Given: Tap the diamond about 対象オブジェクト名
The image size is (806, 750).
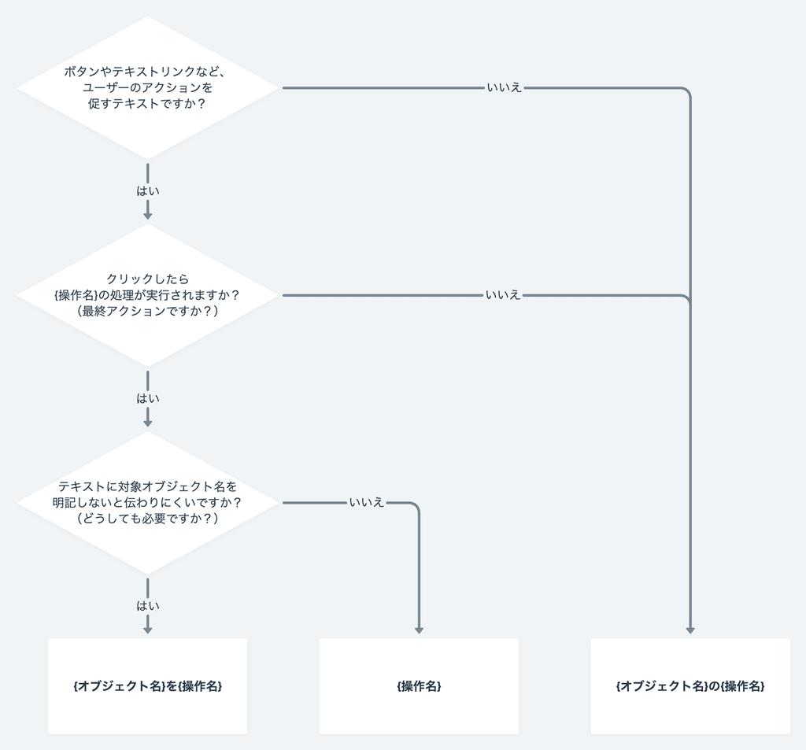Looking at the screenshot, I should [147, 543].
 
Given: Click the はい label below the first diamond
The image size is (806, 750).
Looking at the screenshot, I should [147, 191].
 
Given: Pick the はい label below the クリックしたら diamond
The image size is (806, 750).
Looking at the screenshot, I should [147, 398].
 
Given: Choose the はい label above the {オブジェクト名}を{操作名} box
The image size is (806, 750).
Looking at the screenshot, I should [147, 605].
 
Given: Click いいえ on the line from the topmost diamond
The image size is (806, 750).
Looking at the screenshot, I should [504, 88].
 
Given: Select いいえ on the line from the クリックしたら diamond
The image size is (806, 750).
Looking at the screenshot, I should [503, 295].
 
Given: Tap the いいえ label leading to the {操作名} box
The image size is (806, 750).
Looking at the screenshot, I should [367, 502].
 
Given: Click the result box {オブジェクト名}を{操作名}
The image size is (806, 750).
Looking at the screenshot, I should [147, 686].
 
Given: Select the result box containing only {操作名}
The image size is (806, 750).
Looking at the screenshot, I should [419, 686].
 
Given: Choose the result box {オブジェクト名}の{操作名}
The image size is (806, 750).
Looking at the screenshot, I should [690, 686].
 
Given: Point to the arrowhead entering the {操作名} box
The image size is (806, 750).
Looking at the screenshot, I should [419, 630].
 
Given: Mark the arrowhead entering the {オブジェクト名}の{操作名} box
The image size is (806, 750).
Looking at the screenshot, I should [690, 630].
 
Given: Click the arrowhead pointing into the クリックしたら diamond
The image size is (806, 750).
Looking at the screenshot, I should [147, 215].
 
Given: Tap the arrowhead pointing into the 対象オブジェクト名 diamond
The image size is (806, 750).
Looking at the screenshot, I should [147, 423].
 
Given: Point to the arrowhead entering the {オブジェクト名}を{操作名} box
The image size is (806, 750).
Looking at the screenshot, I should [147, 630].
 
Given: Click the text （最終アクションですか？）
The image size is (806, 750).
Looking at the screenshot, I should [147, 311].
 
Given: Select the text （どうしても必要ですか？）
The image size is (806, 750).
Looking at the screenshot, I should [147, 519].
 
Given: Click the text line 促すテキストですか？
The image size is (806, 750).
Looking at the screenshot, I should [147, 103].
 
